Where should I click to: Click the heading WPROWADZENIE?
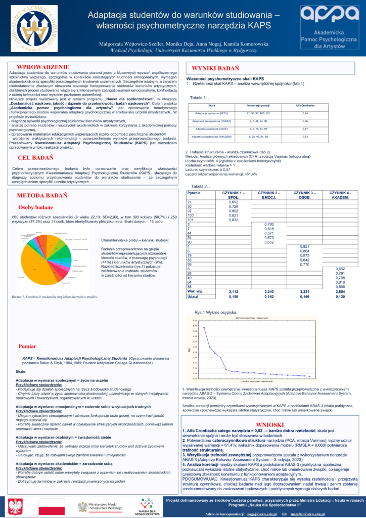pos(43,66)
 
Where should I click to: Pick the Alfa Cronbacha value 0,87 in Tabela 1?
pos(305,129)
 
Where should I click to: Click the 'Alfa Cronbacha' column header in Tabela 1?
pos(305,105)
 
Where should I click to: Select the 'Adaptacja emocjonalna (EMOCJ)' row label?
pos(212,121)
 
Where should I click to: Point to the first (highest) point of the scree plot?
pos(204,328)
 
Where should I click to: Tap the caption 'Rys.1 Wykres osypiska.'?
pos(217,312)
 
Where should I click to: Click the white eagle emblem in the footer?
pos(16,506)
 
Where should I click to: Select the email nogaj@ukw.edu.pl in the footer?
pos(265,514)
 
